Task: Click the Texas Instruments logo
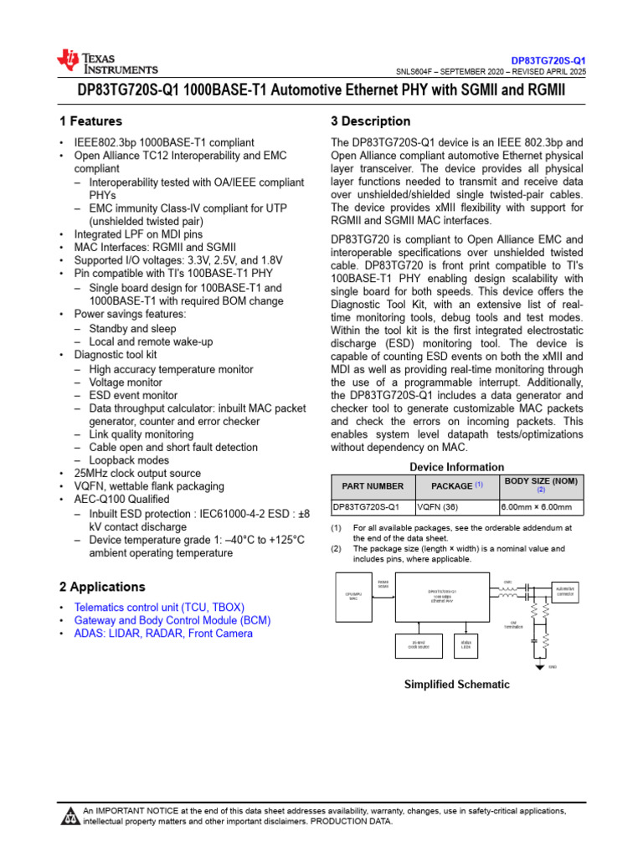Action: click(106, 61)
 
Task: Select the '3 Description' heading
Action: click(371, 121)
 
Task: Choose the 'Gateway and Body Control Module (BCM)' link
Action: click(172, 620)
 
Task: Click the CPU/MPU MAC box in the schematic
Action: click(352, 596)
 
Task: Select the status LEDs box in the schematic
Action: click(466, 645)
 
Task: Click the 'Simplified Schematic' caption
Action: click(456, 685)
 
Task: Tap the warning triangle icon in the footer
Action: click(69, 816)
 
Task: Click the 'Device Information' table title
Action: click(456, 467)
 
